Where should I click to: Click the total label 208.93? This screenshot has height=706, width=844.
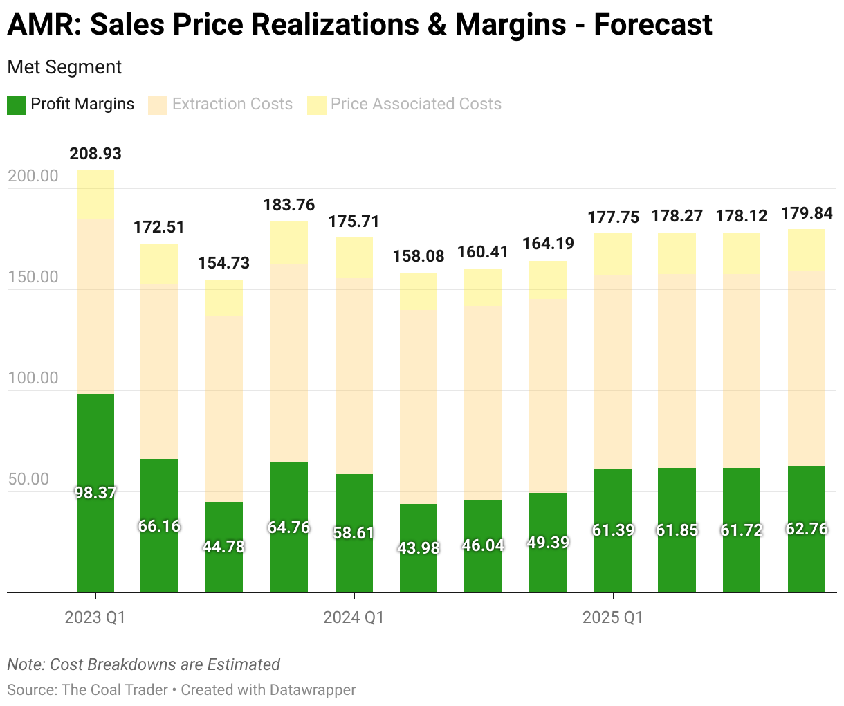pyautogui.click(x=95, y=154)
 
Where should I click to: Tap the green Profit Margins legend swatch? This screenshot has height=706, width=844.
pyautogui.click(x=17, y=105)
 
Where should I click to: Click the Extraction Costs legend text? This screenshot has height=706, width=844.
pyautogui.click(x=232, y=105)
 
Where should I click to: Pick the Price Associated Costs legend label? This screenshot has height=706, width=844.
pyautogui.click(x=416, y=105)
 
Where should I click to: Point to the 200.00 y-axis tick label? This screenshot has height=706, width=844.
pyautogui.click(x=33, y=176)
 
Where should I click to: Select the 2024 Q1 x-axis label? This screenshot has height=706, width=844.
pyautogui.click(x=354, y=617)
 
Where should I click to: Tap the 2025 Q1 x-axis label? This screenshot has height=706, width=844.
pyautogui.click(x=612, y=617)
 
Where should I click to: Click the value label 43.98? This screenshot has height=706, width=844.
pyautogui.click(x=419, y=547)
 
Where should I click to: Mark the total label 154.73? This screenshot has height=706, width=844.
pyautogui.click(x=224, y=263)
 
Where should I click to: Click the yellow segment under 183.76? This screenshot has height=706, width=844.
pyautogui.click(x=288, y=243)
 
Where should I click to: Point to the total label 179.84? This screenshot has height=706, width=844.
pyautogui.click(x=807, y=213)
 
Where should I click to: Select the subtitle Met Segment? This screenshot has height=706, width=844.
pyautogui.click(x=64, y=67)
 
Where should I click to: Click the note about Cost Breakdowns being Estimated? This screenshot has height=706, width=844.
pyautogui.click(x=143, y=664)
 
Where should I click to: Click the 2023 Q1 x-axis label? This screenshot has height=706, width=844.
pyautogui.click(x=95, y=617)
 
